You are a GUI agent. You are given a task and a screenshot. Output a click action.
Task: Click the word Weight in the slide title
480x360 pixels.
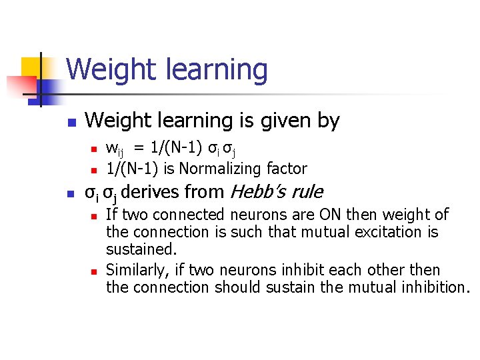tap(107, 69)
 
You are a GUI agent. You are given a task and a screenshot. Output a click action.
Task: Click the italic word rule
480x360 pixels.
tap(307, 193)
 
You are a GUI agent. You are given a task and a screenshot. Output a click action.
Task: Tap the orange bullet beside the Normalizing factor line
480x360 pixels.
tap(95, 169)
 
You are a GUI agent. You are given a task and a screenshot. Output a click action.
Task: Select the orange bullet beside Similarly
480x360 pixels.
tap(95, 271)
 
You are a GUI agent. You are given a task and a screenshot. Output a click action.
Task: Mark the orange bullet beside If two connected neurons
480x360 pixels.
tap(95, 216)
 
